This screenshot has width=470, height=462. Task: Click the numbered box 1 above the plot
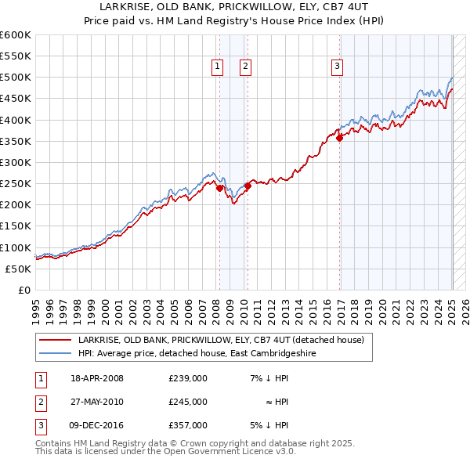point(215,67)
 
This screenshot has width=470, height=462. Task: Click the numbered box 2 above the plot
point(245,67)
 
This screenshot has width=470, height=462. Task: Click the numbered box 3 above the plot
point(337,67)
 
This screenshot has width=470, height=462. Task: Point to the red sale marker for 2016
point(340,138)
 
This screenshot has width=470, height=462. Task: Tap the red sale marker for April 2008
point(220,188)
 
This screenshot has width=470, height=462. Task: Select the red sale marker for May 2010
point(248,186)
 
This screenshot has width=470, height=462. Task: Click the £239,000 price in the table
point(188,378)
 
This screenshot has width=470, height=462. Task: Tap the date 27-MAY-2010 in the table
point(97,402)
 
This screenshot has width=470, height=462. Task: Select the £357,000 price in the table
point(188,425)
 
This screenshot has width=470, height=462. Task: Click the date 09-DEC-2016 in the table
point(97,425)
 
